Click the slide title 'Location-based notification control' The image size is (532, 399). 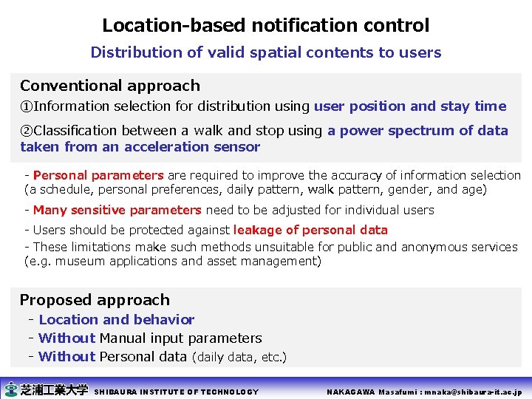click(265, 25)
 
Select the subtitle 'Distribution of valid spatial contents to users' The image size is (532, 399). click(265, 52)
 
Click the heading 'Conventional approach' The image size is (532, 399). click(110, 86)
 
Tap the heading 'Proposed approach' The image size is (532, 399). click(95, 300)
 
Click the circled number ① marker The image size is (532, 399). click(27, 106)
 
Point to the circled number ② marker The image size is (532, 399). click(27, 131)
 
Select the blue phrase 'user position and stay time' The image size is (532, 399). click(410, 106)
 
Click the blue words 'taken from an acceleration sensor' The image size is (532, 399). click(140, 146)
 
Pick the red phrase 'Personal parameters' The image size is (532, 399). click(98, 175)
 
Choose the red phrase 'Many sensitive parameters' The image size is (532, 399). click(117, 210)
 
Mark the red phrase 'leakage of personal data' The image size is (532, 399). click(310, 230)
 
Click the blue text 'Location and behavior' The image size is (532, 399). click(117, 320)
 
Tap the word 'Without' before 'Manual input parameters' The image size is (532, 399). click(66, 338)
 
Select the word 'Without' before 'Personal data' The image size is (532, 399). click(66, 357)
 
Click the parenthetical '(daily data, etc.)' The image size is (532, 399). click(239, 358)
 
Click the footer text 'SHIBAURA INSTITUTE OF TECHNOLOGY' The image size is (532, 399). click(177, 392)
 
